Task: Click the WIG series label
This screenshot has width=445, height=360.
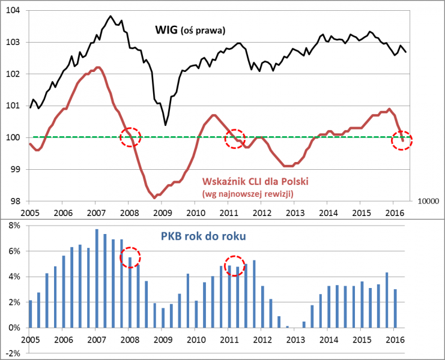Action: (x=165, y=29)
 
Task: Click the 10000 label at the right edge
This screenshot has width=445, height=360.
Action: (x=428, y=202)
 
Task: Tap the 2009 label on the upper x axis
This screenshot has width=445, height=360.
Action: (x=161, y=212)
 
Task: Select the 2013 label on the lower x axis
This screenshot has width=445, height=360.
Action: (x=295, y=340)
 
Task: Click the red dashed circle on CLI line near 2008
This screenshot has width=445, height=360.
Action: (x=130, y=137)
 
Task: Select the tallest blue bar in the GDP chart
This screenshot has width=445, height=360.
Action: (x=96, y=278)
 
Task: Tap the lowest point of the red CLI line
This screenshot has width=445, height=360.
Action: (x=154, y=197)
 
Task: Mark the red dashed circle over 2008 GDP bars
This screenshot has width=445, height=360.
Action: (x=130, y=257)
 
